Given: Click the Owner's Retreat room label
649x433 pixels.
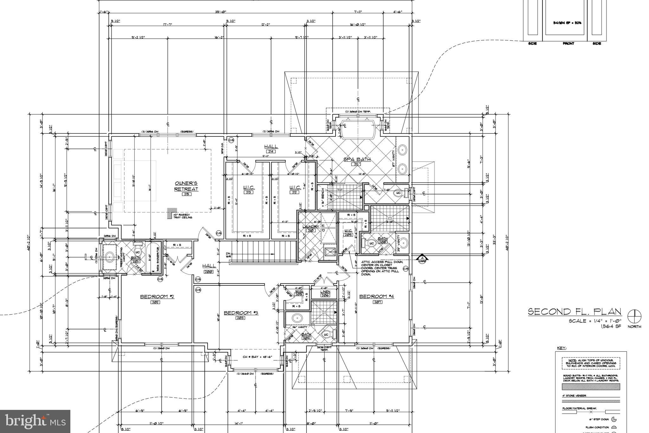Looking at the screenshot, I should click(186, 186).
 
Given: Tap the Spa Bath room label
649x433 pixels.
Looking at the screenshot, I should click(357, 159).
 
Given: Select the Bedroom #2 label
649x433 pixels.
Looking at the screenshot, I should click(157, 296).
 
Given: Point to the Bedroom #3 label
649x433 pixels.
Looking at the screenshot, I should click(241, 313).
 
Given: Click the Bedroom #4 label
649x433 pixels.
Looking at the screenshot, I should click(376, 296).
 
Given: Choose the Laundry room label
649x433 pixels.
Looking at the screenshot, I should click(310, 227).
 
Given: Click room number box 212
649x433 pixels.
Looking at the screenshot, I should click(295, 192).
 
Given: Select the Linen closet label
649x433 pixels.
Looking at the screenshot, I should click(325, 292).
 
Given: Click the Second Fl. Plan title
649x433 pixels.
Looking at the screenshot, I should click(574, 312).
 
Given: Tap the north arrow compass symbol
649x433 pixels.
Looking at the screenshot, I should click(634, 316).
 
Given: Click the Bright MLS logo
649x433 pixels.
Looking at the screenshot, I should click(35, 421).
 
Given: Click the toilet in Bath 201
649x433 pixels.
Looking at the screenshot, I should click(138, 251).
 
